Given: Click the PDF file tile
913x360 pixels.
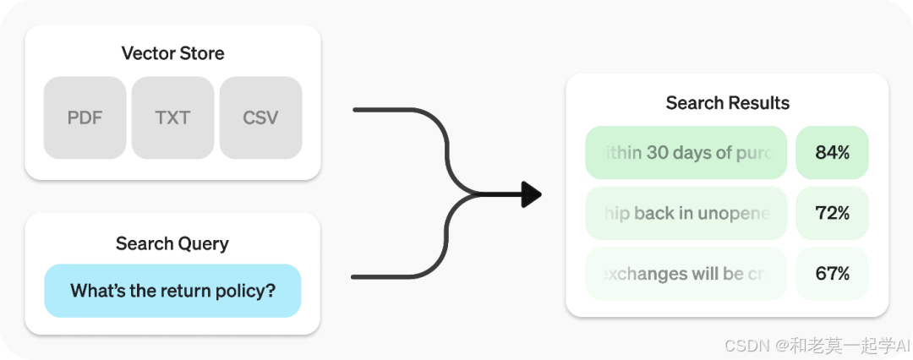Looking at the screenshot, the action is [85, 117].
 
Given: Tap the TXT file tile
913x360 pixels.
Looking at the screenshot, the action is [172, 117].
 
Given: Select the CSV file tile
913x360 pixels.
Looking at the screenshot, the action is [260, 117].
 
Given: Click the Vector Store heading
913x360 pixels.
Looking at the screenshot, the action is [172, 54].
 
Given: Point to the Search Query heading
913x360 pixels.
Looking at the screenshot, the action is [172, 243].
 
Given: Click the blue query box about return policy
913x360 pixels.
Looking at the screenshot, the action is [172, 291].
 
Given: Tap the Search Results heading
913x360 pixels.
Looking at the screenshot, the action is [727, 103].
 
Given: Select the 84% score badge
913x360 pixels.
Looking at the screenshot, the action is [832, 153].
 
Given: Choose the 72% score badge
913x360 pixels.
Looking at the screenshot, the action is [832, 213].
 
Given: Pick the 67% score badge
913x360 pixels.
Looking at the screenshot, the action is [832, 274].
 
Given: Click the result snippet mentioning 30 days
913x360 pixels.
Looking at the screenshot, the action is [686, 153].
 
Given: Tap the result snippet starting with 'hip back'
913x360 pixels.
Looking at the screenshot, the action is [686, 213].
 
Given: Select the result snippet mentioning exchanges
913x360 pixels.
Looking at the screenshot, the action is [686, 274].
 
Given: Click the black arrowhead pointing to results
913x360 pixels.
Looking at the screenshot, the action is [531, 194].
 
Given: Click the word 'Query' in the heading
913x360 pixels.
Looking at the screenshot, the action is [204, 243].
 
